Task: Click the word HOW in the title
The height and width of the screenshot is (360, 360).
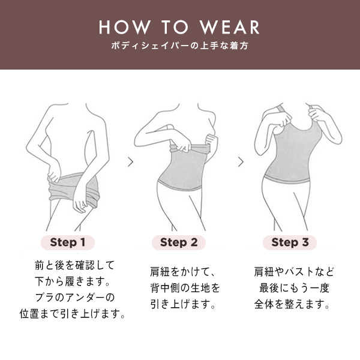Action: click(125, 28)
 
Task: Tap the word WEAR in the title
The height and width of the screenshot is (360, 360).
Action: click(230, 28)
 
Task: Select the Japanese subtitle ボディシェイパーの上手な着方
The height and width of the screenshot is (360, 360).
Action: click(180, 46)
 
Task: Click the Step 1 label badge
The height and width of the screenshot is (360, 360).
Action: click(68, 242)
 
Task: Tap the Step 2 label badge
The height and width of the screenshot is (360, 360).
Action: click(179, 242)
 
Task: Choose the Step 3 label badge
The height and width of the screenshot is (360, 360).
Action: click(290, 242)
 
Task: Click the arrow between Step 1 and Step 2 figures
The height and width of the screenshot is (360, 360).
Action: click(131, 162)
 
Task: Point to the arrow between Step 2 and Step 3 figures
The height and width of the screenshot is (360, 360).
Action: click(241, 162)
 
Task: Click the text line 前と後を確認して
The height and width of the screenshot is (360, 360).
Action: click(74, 265)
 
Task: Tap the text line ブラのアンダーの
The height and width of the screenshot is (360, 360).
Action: click(74, 298)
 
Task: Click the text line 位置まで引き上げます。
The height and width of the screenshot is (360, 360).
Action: click(73, 314)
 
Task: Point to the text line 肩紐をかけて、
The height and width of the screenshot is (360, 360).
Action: click(182, 272)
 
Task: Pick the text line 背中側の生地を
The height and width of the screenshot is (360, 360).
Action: click(185, 288)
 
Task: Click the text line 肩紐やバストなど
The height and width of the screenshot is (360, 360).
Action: click(294, 272)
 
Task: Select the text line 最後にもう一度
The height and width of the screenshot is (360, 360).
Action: click(294, 288)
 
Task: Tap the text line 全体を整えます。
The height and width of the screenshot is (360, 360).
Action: click(292, 304)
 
